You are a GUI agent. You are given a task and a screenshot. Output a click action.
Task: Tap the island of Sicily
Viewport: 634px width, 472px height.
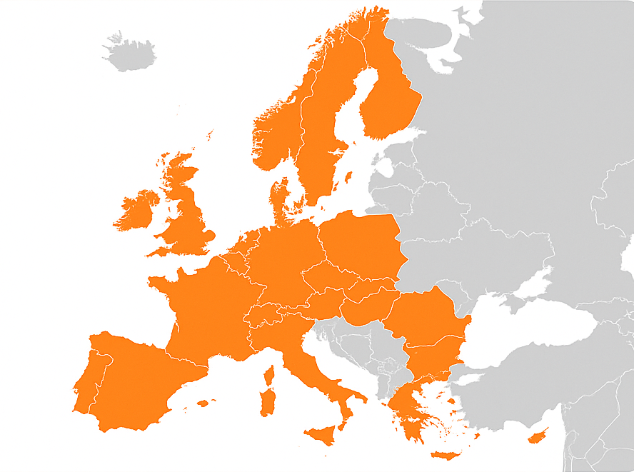click(320, 433)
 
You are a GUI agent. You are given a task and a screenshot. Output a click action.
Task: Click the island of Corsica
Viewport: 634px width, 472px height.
click(270, 374)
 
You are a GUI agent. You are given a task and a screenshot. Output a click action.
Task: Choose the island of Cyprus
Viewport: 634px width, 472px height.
click(538, 435)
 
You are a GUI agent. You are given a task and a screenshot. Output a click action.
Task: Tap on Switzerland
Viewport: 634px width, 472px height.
click(264, 313)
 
